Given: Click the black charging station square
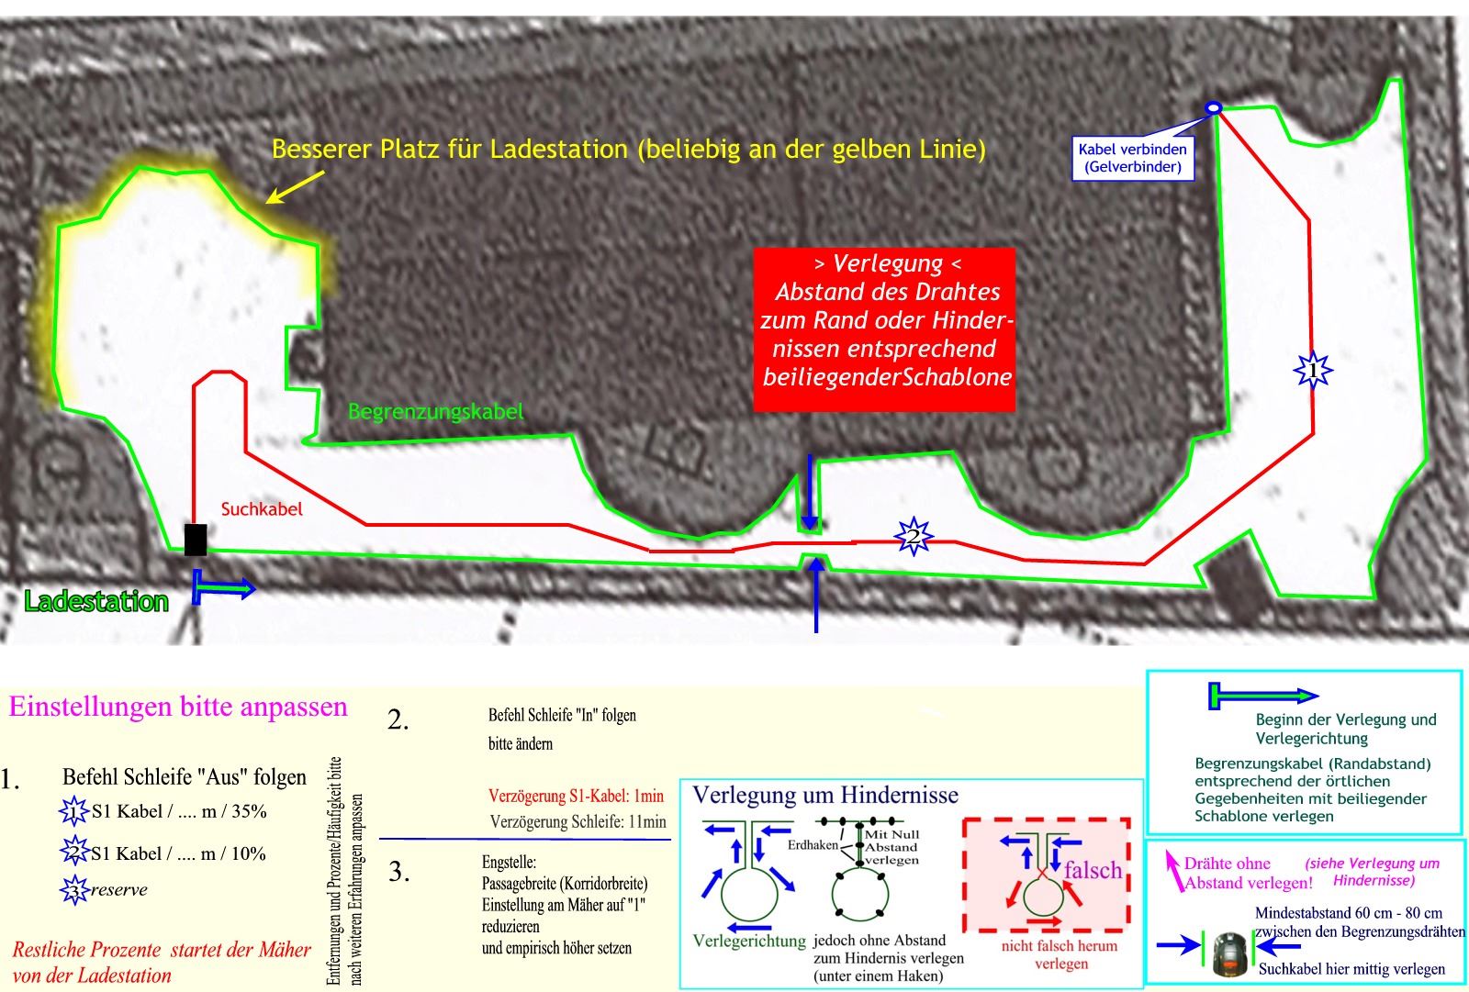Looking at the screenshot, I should [195, 540].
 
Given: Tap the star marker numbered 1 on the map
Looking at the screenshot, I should [1313, 371].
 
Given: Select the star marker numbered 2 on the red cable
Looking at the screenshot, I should [913, 536].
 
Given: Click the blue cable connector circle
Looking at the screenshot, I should [1213, 108].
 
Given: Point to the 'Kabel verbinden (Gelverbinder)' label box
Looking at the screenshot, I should [1132, 158].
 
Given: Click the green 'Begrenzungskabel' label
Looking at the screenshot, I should [436, 411].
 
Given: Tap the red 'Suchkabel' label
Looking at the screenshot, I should [262, 509].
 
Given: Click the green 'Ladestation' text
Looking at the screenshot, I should [96, 602].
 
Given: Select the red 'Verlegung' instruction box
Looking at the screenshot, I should [884, 329].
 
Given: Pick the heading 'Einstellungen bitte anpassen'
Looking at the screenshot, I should [178, 707].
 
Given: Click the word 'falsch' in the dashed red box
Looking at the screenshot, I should [1093, 870].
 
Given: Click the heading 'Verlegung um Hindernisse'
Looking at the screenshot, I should [824, 795].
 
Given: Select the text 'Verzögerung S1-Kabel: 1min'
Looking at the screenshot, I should [576, 797].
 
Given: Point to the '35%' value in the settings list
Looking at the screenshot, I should [248, 811].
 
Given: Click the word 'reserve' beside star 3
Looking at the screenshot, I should [119, 889].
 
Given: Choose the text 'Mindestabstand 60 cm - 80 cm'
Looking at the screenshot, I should [1348, 913].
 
